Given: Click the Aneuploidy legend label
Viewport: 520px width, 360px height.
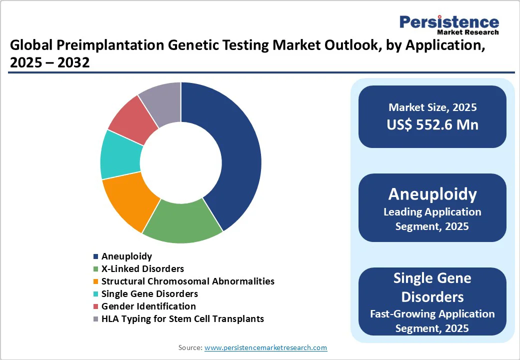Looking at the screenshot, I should [x=126, y=256].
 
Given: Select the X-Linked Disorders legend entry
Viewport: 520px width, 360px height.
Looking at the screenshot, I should [x=142, y=269].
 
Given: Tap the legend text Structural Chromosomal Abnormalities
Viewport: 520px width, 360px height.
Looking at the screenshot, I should [x=187, y=281].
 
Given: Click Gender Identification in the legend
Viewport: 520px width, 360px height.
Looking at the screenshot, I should [x=148, y=306].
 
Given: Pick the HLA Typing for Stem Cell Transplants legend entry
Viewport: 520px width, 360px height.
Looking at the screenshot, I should [x=182, y=318].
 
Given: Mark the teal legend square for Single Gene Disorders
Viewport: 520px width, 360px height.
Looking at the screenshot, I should [x=95, y=294].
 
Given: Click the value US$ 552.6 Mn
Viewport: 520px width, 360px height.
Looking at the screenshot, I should [x=432, y=125].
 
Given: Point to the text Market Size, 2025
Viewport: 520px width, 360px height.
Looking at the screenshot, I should [x=432, y=107].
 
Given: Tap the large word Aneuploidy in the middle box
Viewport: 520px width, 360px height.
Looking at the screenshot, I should [x=432, y=194].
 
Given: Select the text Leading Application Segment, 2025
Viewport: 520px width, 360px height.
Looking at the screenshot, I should [x=432, y=219].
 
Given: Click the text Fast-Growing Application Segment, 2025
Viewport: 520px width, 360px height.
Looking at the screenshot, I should [x=432, y=321].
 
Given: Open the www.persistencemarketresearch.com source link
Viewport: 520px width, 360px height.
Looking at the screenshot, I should [x=265, y=347].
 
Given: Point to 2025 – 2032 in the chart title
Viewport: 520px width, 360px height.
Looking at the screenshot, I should [x=49, y=62].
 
